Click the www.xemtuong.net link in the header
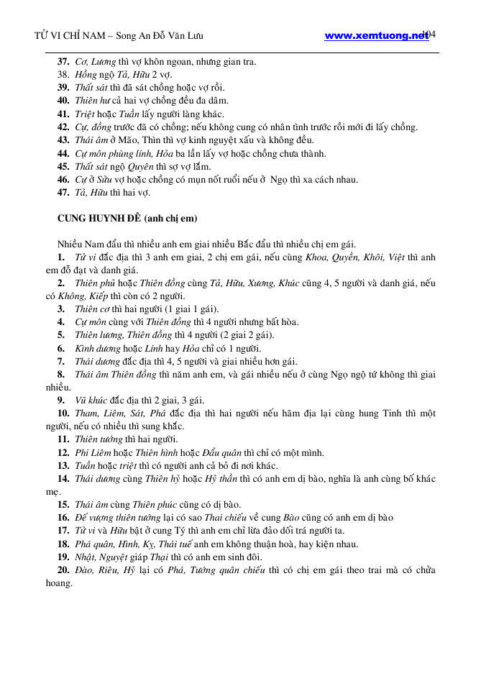[x=376, y=35]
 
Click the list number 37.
[x=63, y=62]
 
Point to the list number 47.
[x=63, y=192]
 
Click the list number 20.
[x=63, y=570]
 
